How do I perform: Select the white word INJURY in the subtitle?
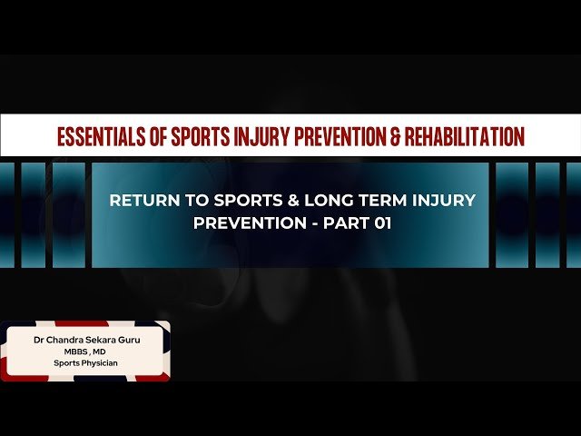pyautogui.click(x=442, y=201)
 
